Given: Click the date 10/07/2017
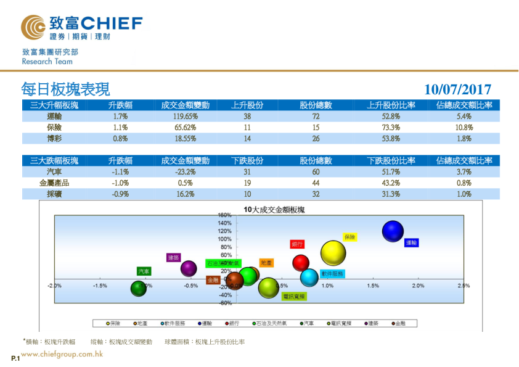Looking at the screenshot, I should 457,90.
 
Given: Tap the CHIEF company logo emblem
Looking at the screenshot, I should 33,26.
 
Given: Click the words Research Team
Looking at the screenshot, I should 47,62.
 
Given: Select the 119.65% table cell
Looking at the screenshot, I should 185,116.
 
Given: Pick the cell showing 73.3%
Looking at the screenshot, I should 391,127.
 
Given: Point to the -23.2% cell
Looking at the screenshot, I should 185,171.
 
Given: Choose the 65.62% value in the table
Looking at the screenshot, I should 185,127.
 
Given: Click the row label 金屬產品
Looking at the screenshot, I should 54,183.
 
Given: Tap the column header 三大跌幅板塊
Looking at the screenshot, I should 54,160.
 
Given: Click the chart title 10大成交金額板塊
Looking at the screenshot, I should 274,210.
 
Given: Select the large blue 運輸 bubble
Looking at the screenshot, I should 393,232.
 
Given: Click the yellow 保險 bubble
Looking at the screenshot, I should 333,252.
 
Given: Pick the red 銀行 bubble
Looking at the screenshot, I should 300,263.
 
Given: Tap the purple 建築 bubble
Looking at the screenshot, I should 189,268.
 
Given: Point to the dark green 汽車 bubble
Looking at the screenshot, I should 139,288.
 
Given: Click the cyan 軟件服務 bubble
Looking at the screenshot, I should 309,278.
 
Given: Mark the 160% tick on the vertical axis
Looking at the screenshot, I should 224,215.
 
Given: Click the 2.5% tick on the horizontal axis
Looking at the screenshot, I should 464,286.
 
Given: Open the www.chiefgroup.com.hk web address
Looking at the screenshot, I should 62,354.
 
